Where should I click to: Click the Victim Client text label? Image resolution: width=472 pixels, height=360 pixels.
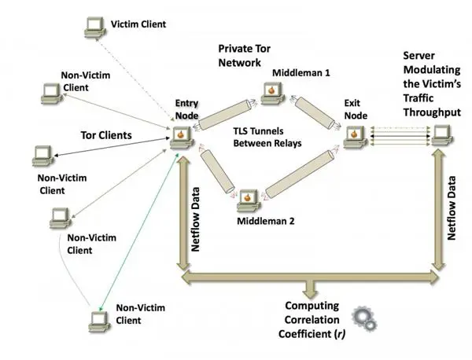(138, 24)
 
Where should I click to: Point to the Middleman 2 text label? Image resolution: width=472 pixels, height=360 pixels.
(266, 221)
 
